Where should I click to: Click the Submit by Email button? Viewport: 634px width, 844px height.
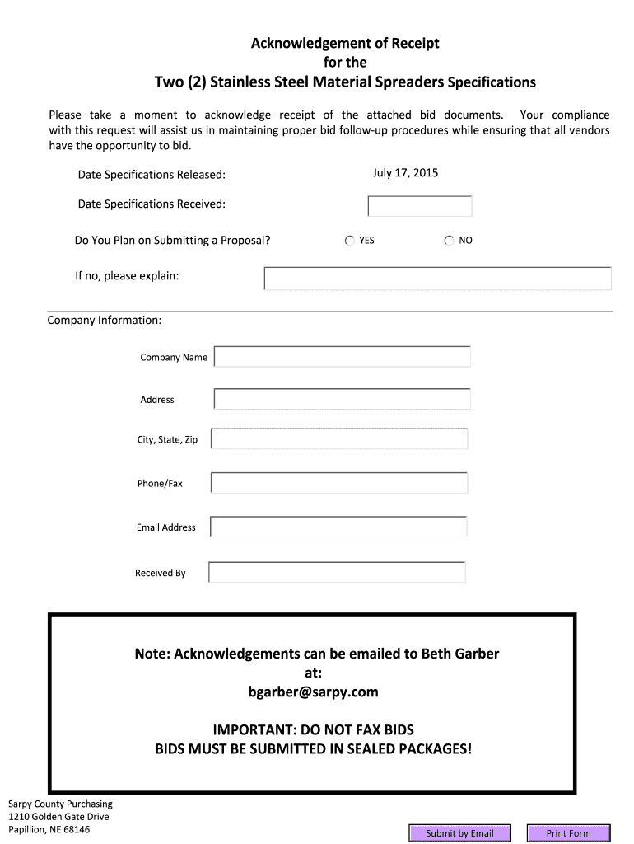click(x=459, y=833)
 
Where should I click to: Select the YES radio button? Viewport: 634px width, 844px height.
click(x=350, y=241)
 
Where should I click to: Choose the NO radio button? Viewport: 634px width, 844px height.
click(x=449, y=241)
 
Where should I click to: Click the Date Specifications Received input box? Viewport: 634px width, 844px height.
click(x=420, y=206)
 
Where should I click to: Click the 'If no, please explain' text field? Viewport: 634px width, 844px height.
click(x=437, y=279)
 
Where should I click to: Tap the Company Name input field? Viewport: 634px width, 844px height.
click(x=343, y=357)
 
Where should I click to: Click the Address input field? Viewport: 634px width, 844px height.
click(x=343, y=399)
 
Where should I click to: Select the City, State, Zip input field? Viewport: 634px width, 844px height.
click(x=339, y=439)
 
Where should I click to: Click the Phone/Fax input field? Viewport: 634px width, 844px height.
click(x=339, y=483)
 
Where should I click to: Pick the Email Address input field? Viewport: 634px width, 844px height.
click(x=338, y=527)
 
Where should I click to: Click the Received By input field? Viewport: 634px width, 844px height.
click(x=337, y=572)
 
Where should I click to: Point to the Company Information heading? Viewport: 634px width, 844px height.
click(x=105, y=320)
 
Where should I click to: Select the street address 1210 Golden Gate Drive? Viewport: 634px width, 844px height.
click(x=58, y=817)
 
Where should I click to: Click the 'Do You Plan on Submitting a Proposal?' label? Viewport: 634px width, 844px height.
click(x=172, y=241)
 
